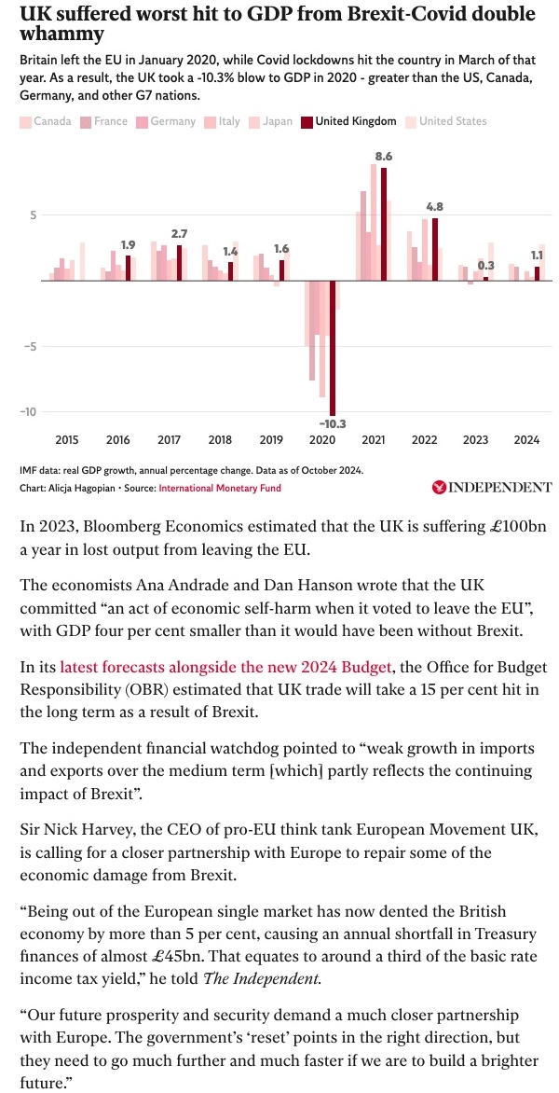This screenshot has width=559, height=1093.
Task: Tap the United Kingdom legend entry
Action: [348, 121]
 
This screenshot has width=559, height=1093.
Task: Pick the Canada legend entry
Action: [46, 121]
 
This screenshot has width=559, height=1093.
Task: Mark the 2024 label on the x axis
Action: [526, 439]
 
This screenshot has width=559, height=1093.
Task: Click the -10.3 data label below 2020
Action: [332, 423]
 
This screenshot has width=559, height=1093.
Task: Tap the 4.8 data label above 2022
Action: [434, 206]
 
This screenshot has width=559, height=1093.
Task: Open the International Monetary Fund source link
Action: [219, 488]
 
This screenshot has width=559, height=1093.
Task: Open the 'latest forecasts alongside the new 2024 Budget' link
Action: [228, 668]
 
